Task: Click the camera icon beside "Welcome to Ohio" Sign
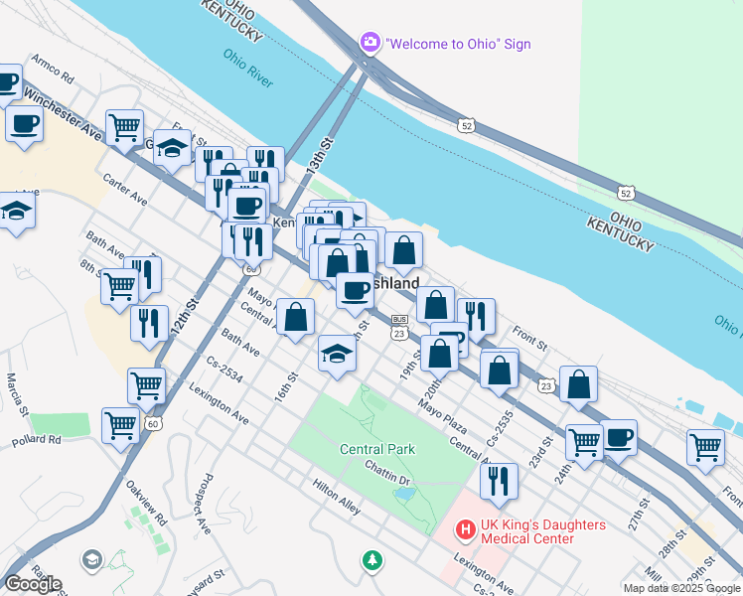click(x=370, y=43)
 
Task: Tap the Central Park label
click(x=376, y=449)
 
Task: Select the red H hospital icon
click(x=463, y=530)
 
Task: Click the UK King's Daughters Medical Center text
click(x=527, y=531)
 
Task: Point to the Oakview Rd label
click(x=148, y=504)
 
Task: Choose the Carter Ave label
click(x=125, y=188)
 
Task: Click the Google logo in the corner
click(x=33, y=584)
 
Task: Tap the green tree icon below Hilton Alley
click(x=372, y=561)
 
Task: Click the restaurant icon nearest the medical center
click(x=499, y=482)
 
